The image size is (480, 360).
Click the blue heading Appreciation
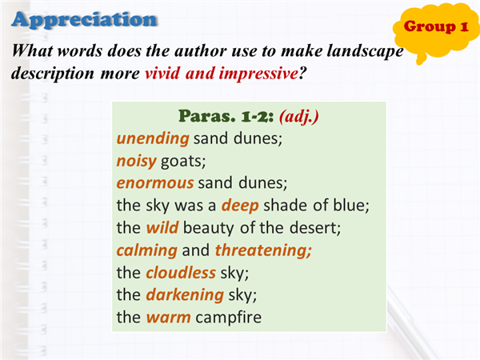[85, 20]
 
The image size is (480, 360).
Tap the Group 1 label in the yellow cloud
[436, 26]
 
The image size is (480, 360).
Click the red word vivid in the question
[162, 74]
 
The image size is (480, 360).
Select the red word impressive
[258, 74]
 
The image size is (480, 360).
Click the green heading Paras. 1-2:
[226, 116]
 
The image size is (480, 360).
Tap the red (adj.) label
[299, 117]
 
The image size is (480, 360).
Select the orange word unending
[153, 139]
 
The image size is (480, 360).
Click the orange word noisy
[137, 162]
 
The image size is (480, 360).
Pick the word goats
[183, 162]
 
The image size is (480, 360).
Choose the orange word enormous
[155, 183]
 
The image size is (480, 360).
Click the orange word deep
[240, 206]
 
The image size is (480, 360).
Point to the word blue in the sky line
[351, 205]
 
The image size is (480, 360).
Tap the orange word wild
[162, 228]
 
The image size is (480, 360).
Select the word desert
[314, 228]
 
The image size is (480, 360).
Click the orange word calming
[147, 250]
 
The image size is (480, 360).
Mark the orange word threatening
[263, 250]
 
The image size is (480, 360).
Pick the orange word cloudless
[181, 273]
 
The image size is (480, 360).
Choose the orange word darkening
[185, 295]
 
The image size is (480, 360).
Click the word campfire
[228, 317]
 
